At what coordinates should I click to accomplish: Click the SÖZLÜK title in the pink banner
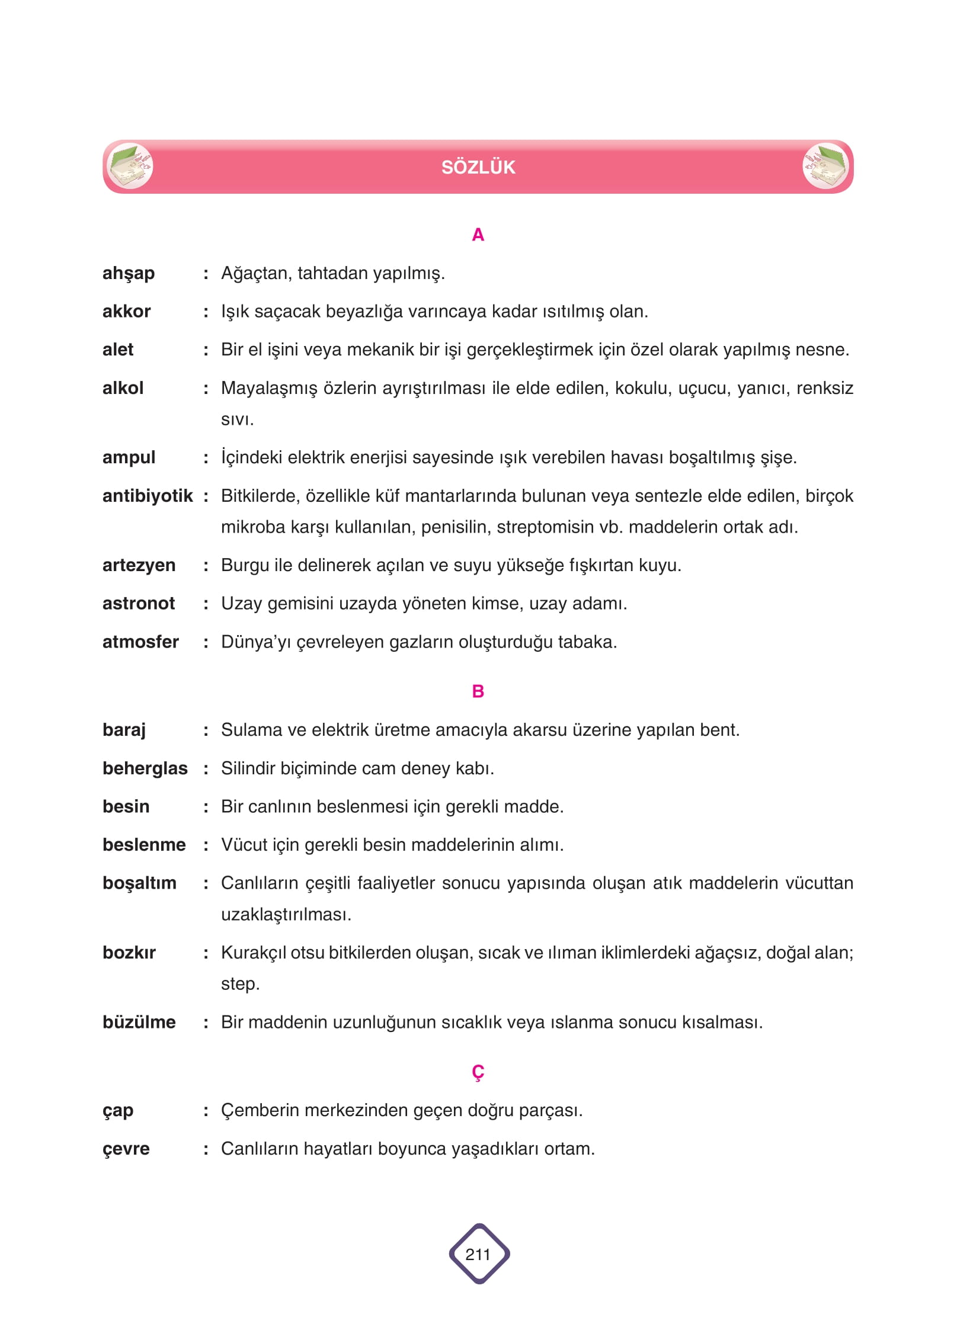point(478,167)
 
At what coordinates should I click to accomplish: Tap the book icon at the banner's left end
point(130,166)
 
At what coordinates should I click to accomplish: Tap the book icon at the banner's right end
point(825,166)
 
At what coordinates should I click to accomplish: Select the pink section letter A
point(478,235)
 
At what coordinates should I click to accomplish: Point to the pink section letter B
point(478,691)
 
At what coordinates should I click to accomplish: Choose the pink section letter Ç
point(478,1072)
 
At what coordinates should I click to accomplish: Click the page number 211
point(478,1254)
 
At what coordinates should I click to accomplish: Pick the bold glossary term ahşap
point(129,273)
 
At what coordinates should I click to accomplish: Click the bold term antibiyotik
point(148,495)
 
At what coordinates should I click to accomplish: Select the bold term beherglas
point(145,768)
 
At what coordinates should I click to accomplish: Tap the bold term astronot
point(139,603)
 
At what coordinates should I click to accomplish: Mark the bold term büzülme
point(139,1022)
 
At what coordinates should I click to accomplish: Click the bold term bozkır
point(129,952)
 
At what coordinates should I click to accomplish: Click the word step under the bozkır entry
point(238,984)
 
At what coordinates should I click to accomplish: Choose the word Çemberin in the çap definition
point(260,1110)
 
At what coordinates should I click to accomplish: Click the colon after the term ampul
point(206,458)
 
